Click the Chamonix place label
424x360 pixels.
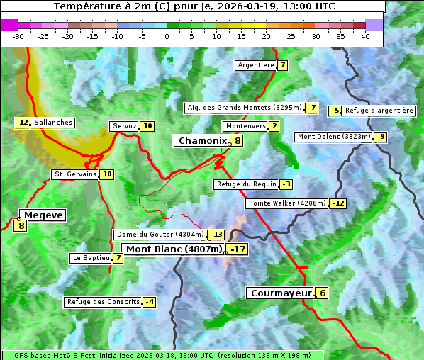pos(202,141)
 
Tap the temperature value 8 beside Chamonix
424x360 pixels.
pos(238,141)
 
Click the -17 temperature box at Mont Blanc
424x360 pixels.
pos(238,249)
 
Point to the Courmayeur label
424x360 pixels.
pos(281,293)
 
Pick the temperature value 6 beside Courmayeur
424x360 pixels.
pos(322,293)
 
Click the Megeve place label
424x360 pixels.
pos(43,215)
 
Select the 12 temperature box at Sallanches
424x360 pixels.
pos(23,123)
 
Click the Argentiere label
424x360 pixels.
pos(256,65)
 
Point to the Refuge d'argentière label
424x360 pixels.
pos(379,111)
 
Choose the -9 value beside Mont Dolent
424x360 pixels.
pos(381,137)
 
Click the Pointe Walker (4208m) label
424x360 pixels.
pos(287,203)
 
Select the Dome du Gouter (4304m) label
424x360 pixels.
pos(160,235)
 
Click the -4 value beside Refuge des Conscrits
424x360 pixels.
pos(149,302)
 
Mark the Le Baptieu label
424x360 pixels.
pos(91,258)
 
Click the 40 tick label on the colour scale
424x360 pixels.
pos(365,36)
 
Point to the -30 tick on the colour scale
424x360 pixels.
pos(18,36)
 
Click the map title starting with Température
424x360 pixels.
pos(194,6)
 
